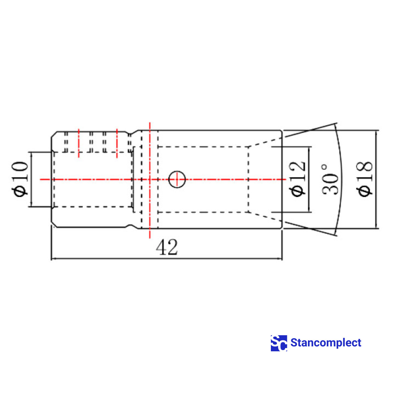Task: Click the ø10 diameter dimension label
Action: tap(20, 179)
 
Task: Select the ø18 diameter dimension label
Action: tap(365, 179)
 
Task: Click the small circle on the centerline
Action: tap(177, 179)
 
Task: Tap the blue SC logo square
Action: tap(279, 343)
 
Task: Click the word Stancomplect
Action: tap(326, 343)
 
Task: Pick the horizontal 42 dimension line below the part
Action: tap(167, 259)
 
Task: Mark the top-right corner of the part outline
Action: tap(282, 131)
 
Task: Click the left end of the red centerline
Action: tap(41, 179)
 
